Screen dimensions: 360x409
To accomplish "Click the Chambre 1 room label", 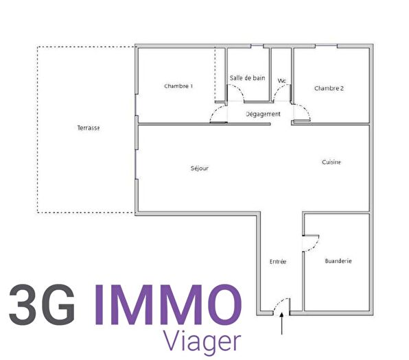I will click(x=178, y=86).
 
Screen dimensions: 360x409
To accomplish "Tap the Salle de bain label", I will click(x=247, y=78).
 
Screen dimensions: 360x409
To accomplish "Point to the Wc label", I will click(x=281, y=82).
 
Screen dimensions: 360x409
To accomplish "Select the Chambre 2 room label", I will click(x=329, y=88).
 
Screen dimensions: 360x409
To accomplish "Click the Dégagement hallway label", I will click(x=264, y=114).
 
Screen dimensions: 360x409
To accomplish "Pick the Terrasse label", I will click(x=89, y=128).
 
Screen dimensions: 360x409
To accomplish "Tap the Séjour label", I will click(x=200, y=168).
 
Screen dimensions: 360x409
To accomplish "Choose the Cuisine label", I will click(x=331, y=163).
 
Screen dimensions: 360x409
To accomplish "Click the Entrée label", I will click(x=278, y=262).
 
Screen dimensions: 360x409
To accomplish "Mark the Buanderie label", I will click(x=338, y=261).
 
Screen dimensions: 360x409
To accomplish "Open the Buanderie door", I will click(x=310, y=241).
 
